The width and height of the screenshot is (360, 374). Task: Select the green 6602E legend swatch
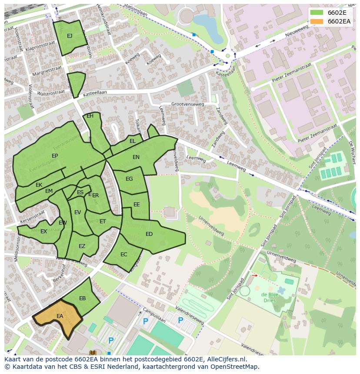pyautogui.click(x=317, y=12)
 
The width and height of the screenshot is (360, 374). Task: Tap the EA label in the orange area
pyautogui.click(x=60, y=316)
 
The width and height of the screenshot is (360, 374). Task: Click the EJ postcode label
pyautogui.click(x=70, y=36)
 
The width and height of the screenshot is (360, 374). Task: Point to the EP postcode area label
pyautogui.click(x=55, y=156)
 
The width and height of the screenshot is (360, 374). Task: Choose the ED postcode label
pyautogui.click(x=149, y=234)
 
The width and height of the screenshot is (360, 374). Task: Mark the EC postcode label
pyautogui.click(x=124, y=255)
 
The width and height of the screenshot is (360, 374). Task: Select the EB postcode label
pyautogui.click(x=83, y=298)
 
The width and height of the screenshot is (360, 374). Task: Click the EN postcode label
pyautogui.click(x=136, y=157)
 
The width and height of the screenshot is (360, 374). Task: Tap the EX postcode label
pyautogui.click(x=43, y=232)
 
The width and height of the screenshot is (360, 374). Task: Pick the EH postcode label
pyautogui.click(x=90, y=116)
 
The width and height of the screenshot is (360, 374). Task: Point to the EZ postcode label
pyautogui.click(x=82, y=246)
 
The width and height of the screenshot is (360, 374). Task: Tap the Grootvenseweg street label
pyautogui.click(x=187, y=104)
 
